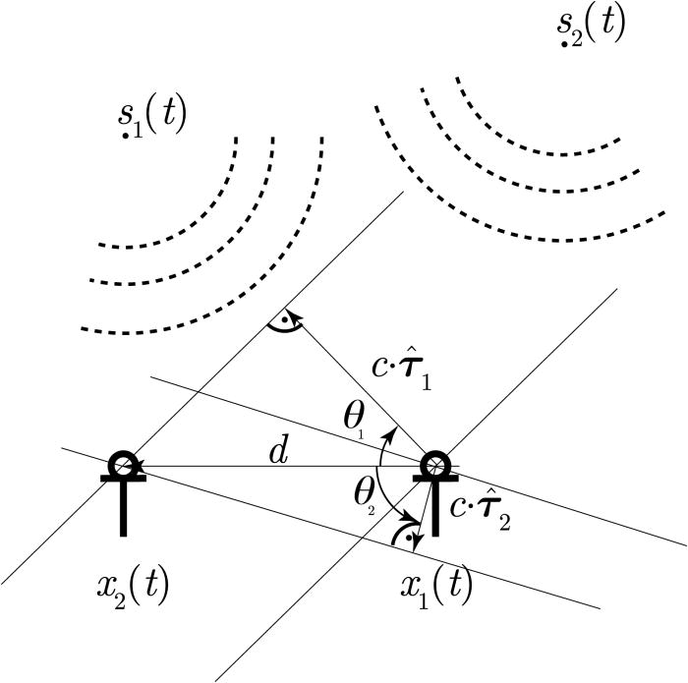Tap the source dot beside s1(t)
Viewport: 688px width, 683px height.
(126, 135)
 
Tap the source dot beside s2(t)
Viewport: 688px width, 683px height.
(564, 43)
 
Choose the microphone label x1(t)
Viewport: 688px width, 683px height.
(436, 586)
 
